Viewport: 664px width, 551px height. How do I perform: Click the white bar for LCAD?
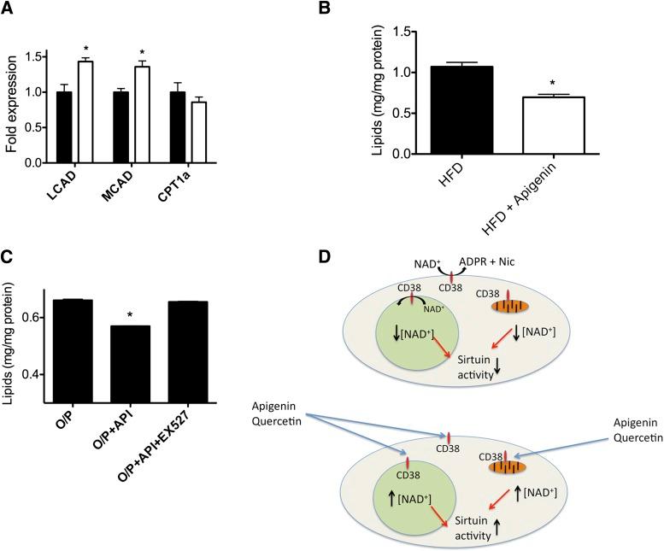click(x=85, y=112)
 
